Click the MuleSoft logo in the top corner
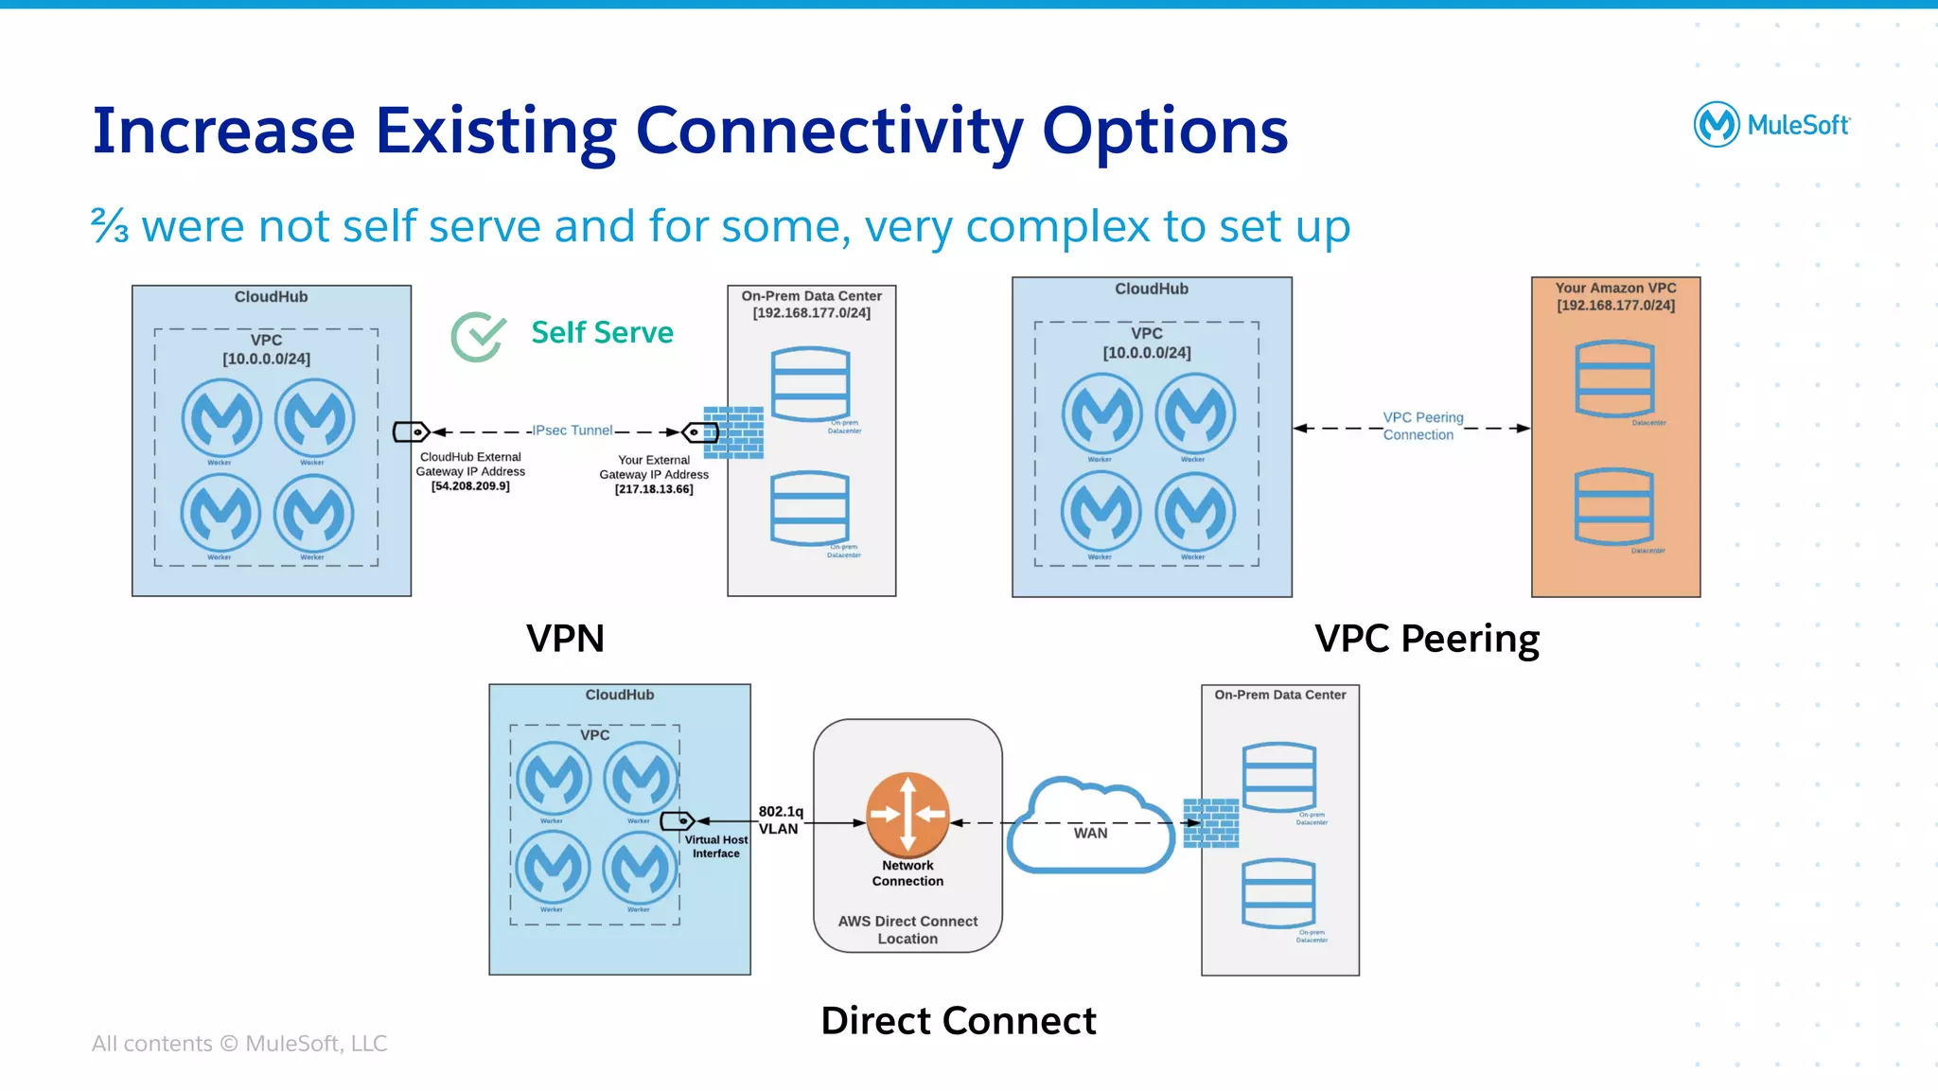click(x=1771, y=124)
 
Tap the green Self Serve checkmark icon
click(x=478, y=336)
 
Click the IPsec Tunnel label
click(x=573, y=431)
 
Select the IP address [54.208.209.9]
click(x=470, y=486)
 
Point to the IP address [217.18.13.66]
click(x=654, y=489)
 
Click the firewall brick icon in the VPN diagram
click(x=734, y=432)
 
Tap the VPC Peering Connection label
click(x=1422, y=426)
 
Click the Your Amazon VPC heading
click(x=1615, y=289)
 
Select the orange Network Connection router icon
click(x=907, y=814)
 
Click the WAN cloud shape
click(x=1090, y=826)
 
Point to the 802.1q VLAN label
click(x=780, y=819)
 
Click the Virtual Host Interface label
click(x=716, y=846)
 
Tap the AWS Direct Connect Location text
click(x=907, y=929)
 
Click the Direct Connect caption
click(x=959, y=1020)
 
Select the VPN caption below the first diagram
click(x=565, y=639)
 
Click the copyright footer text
click(x=239, y=1043)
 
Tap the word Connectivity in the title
click(x=829, y=131)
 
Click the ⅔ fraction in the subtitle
click(x=110, y=226)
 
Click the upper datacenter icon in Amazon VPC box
click(x=1614, y=379)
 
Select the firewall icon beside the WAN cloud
click(x=1211, y=822)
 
